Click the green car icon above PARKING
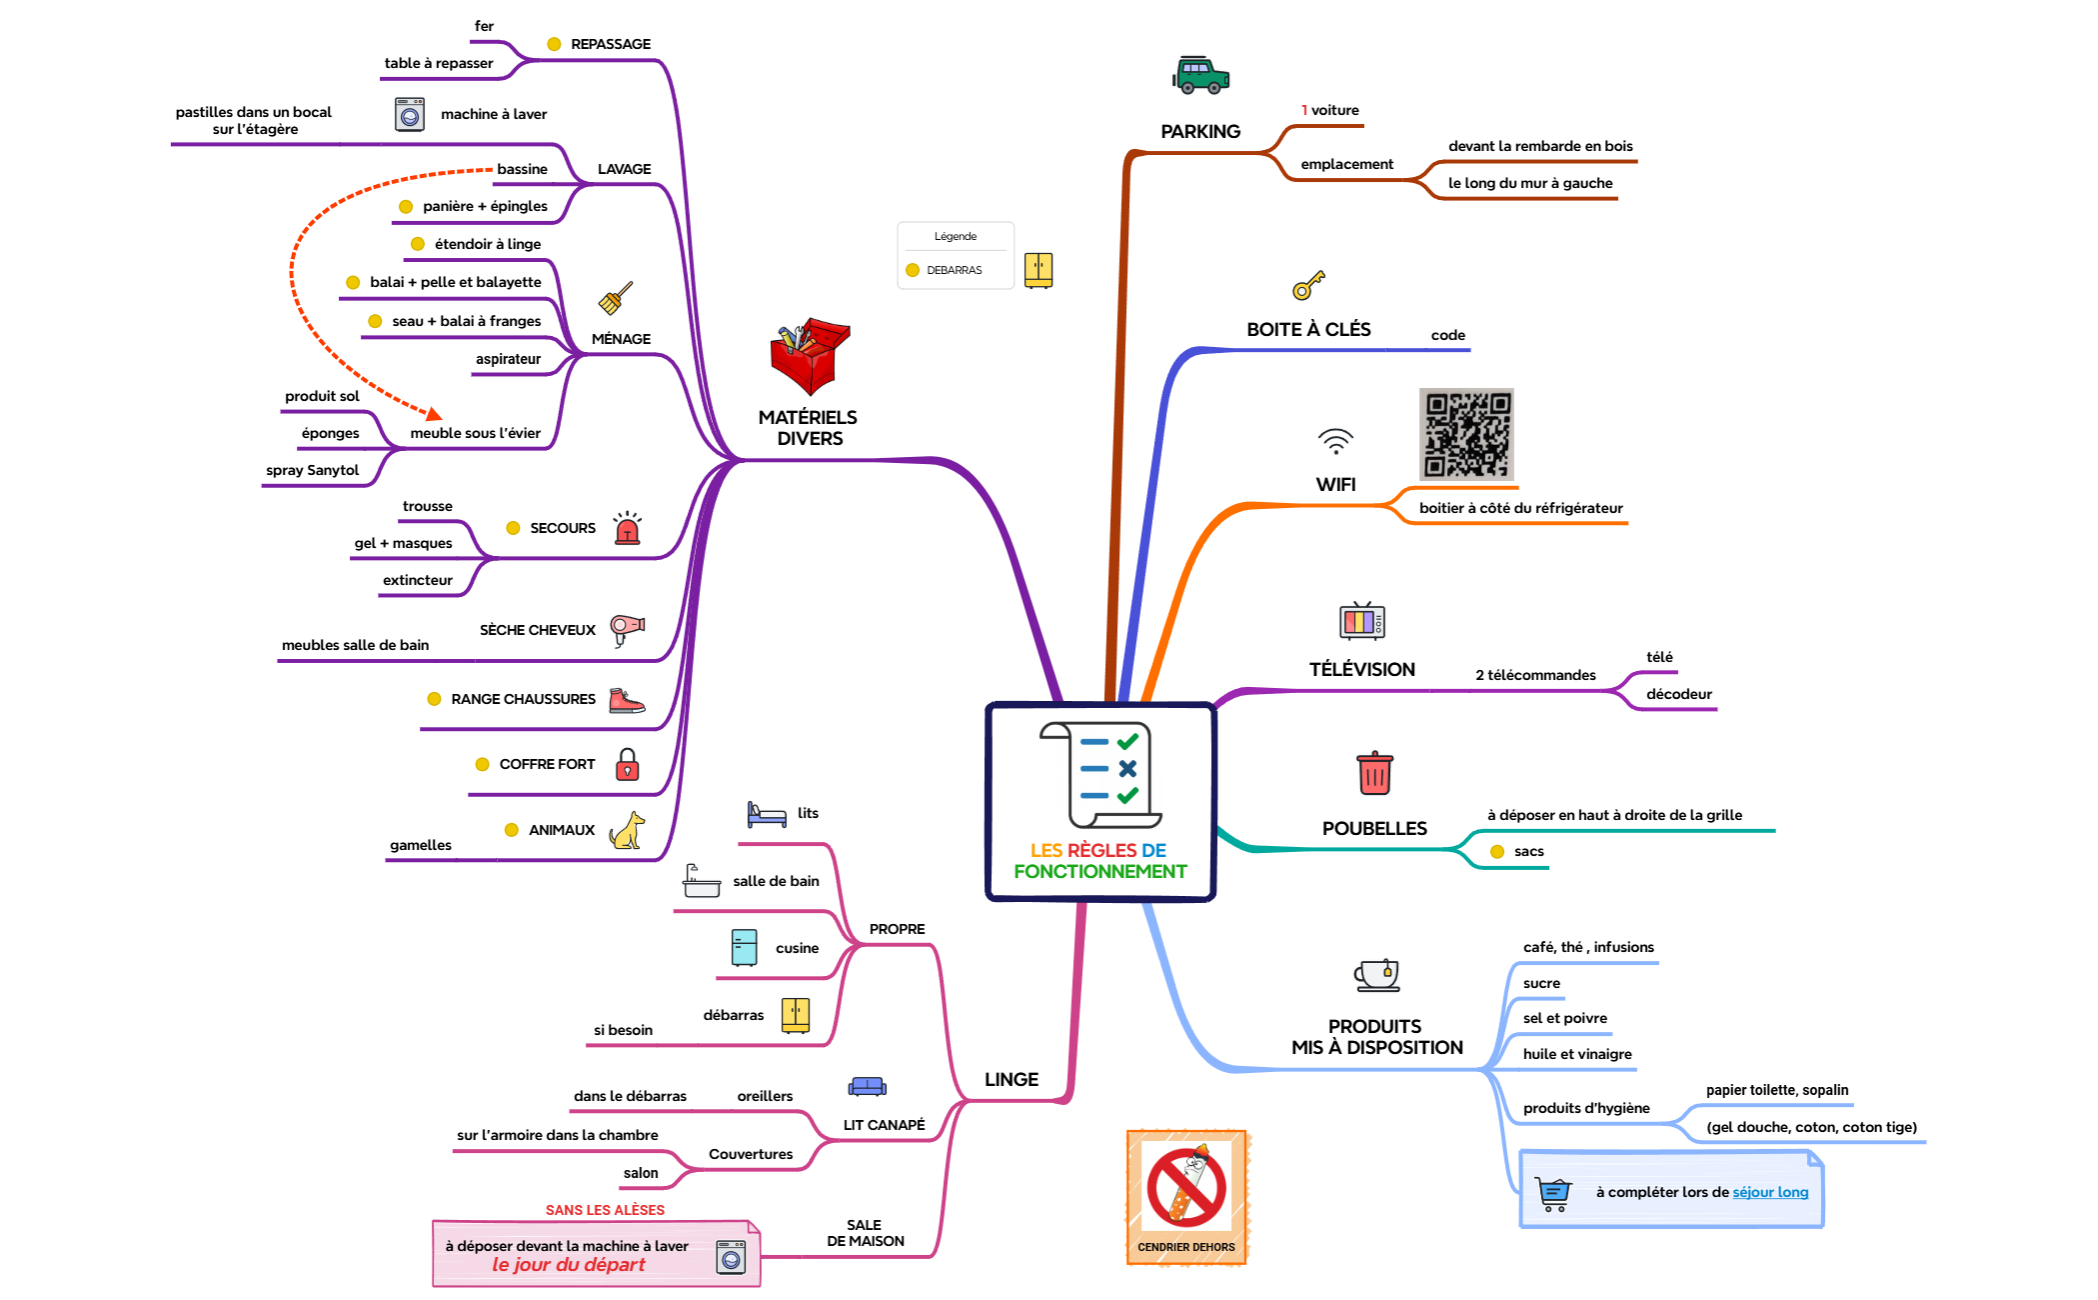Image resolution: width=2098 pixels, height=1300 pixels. tap(1200, 75)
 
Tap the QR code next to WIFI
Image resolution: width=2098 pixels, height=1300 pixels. tap(1466, 435)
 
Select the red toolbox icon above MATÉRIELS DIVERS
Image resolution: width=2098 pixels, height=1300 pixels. tap(809, 356)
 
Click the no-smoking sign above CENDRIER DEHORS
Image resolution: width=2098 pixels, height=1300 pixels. tap(1186, 1187)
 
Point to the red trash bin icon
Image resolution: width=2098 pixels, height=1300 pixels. tap(1374, 773)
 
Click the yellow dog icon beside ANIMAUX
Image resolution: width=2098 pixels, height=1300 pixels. tap(628, 831)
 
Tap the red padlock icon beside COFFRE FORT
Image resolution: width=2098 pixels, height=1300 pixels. tap(627, 765)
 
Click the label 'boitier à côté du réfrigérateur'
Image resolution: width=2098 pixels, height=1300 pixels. tap(1520, 508)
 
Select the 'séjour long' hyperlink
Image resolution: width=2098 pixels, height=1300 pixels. tap(1770, 1192)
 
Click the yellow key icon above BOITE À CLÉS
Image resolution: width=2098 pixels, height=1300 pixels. tap(1307, 286)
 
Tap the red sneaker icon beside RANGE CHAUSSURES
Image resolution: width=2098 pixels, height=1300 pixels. tap(626, 700)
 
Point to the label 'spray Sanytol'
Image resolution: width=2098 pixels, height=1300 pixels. tap(312, 470)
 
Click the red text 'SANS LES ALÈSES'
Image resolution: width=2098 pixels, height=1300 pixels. tap(605, 1210)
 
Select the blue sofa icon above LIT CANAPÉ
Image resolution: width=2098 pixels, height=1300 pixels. tap(867, 1087)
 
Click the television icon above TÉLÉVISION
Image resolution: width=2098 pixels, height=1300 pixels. tap(1361, 621)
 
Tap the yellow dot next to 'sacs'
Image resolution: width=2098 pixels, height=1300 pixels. tap(1497, 852)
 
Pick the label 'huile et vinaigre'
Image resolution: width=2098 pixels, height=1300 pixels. tap(1576, 1054)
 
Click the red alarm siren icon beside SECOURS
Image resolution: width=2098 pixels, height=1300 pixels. tap(627, 528)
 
